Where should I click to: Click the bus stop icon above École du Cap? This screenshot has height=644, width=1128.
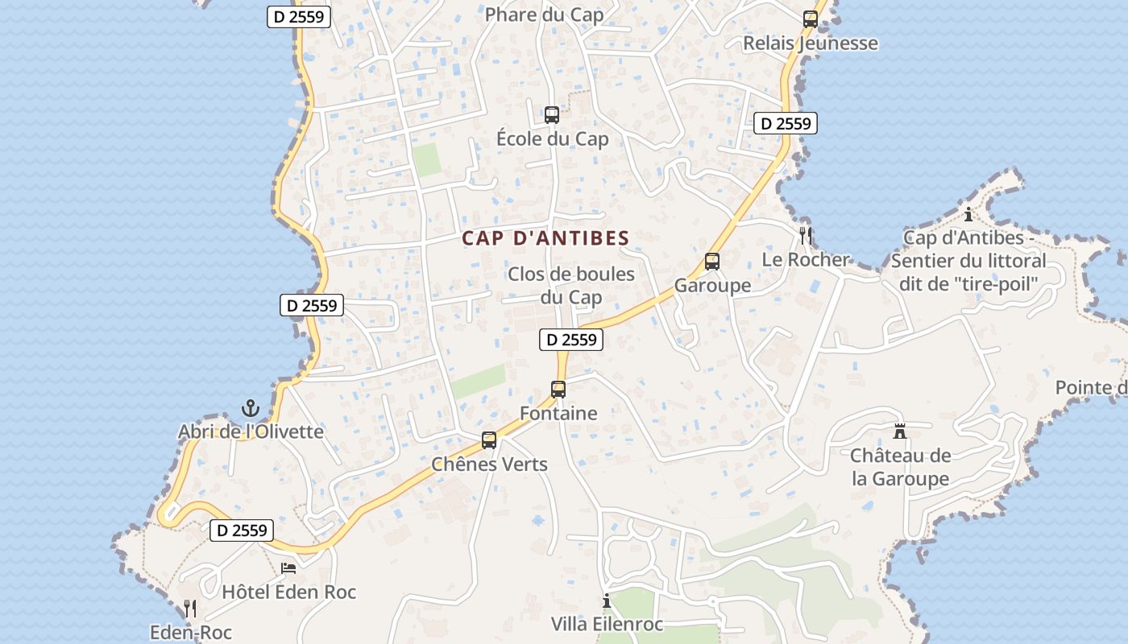click(552, 114)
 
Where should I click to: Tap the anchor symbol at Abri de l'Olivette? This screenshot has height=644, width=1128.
click(251, 407)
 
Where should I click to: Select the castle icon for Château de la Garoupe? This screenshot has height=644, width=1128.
click(900, 431)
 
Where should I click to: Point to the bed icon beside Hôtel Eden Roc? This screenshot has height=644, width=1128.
click(288, 568)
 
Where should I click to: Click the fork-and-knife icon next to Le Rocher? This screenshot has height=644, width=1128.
click(805, 234)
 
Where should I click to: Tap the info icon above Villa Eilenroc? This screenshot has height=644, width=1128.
click(607, 601)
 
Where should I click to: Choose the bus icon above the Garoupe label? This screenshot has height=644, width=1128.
click(712, 261)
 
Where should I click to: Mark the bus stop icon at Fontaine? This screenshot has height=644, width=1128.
click(558, 390)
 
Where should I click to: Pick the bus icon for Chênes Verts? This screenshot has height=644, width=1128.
click(489, 440)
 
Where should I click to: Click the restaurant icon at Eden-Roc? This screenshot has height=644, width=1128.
click(190, 608)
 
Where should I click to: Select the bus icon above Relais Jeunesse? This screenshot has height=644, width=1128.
click(811, 19)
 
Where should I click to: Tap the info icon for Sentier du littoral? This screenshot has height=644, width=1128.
click(968, 214)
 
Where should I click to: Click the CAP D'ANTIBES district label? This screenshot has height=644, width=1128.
click(545, 238)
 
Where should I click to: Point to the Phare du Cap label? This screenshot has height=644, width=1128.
click(544, 14)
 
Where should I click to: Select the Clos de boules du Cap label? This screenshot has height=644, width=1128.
click(571, 285)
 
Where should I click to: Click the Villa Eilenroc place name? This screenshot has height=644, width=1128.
click(607, 624)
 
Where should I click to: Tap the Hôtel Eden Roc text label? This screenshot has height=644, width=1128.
click(288, 592)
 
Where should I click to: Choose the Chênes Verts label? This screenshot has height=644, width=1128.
click(489, 464)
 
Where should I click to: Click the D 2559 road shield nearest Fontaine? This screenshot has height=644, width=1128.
click(571, 340)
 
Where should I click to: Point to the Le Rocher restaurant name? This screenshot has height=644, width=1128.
click(806, 259)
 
